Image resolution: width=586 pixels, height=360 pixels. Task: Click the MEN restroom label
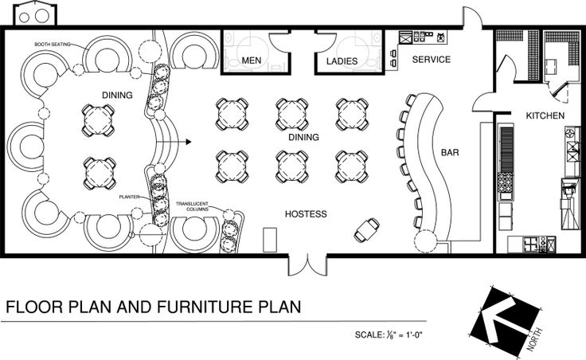[251, 61]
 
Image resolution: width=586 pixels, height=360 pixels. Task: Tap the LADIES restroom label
[342, 61]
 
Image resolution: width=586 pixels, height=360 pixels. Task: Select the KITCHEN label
[545, 115]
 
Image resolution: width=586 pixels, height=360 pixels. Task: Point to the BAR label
[450, 153]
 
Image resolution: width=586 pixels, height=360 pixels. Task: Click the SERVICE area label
[432, 60]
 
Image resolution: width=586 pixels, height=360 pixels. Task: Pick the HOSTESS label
[306, 213]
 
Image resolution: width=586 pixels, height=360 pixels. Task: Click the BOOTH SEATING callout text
[53, 44]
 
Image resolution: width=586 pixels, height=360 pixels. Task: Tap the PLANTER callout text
[129, 197]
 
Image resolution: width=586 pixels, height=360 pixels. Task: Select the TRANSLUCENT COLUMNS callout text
[192, 206]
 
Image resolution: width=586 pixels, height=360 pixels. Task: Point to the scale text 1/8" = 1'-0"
[389, 335]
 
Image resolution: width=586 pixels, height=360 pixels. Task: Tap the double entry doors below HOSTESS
[307, 264]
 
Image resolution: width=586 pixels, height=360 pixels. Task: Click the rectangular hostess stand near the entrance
[270, 240]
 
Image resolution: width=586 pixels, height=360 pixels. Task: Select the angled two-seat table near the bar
[366, 230]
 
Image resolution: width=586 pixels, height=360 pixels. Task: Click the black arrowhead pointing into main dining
[189, 142]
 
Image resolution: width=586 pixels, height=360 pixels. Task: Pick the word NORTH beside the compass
[534, 339]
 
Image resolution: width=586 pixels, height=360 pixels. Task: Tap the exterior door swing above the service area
[473, 17]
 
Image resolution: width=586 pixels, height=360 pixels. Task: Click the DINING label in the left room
[117, 96]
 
